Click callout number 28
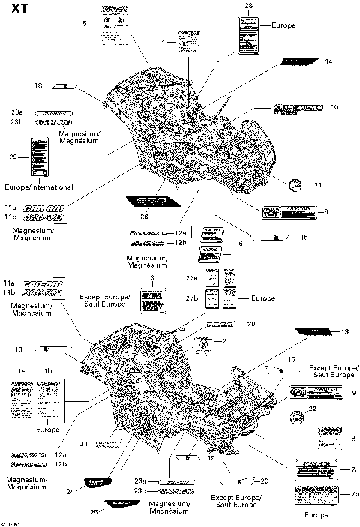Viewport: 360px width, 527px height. pos(249,6)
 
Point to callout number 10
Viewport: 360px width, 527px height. pos(334,108)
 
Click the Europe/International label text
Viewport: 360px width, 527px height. pos(39,185)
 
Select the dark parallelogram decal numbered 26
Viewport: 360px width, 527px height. pos(147,202)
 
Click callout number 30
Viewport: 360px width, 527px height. pos(251,324)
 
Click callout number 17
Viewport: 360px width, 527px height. pos(292,361)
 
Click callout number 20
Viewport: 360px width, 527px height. pos(264,480)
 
